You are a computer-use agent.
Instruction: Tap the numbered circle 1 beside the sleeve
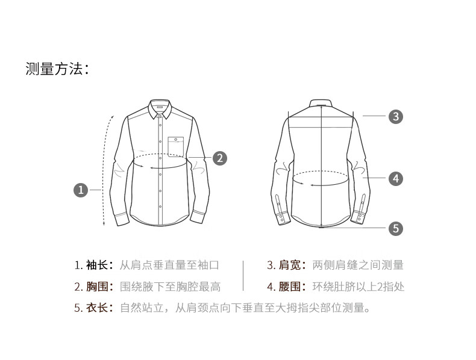[x=81, y=190]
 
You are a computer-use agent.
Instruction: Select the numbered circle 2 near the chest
[x=220, y=158]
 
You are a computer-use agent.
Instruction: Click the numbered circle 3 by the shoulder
[x=396, y=116]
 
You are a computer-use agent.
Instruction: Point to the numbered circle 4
[x=396, y=179]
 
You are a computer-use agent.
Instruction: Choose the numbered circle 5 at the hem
[x=396, y=228]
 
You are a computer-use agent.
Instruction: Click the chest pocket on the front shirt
[x=176, y=147]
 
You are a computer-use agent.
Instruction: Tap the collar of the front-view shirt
[x=160, y=108]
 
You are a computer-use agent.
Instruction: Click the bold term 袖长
[x=97, y=265]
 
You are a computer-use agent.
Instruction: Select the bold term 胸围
[x=97, y=287]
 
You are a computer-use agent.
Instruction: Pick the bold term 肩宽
[x=290, y=265]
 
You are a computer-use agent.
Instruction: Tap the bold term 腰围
[x=290, y=287]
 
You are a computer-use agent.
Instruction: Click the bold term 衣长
[x=97, y=308]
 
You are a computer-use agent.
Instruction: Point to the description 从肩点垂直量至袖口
[x=169, y=265]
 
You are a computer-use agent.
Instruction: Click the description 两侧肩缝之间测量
[x=358, y=265]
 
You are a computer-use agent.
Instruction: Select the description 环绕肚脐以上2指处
[x=359, y=287]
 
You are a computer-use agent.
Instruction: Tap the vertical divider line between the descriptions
[x=243, y=276]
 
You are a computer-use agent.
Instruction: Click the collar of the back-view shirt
[x=322, y=103]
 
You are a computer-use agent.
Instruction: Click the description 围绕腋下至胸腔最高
[x=170, y=287]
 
